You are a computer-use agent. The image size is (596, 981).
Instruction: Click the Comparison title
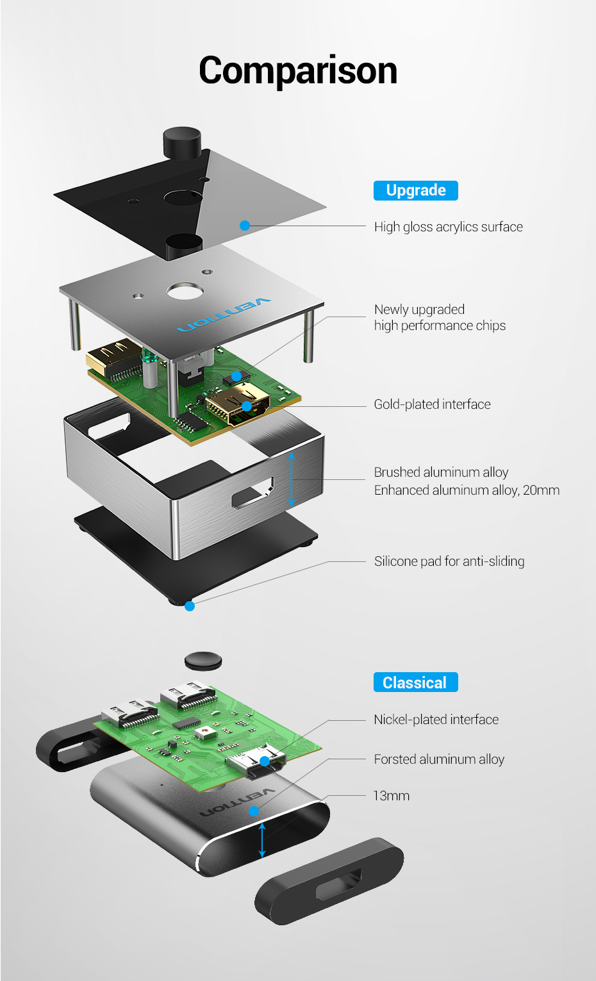point(298,70)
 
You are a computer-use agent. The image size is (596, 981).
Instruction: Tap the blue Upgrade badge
point(415,190)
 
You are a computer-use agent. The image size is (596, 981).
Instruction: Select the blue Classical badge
point(415,682)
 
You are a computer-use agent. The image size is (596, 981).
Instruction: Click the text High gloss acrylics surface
point(448,227)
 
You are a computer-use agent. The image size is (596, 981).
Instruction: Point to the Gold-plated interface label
point(432,404)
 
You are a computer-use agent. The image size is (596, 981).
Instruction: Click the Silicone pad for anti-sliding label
point(449,561)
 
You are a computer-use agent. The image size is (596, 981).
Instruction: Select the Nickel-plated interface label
point(436,720)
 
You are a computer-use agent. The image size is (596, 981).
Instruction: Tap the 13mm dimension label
point(391,796)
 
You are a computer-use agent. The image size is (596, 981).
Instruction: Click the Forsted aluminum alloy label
point(439,759)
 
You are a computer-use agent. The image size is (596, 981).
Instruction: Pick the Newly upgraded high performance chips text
point(440,318)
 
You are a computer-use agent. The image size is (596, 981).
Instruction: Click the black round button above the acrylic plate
point(182,142)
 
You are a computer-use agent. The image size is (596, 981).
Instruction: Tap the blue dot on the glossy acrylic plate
point(245,226)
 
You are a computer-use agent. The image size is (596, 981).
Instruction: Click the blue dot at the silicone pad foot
point(190,606)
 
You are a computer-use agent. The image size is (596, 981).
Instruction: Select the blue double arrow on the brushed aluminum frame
point(292,479)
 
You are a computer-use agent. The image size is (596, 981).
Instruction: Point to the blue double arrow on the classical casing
point(261,840)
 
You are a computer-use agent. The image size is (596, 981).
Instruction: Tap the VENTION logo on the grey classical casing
point(237,802)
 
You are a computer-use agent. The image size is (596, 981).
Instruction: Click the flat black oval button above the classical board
point(203,661)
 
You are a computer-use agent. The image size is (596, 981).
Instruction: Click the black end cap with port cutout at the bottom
point(329,881)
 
